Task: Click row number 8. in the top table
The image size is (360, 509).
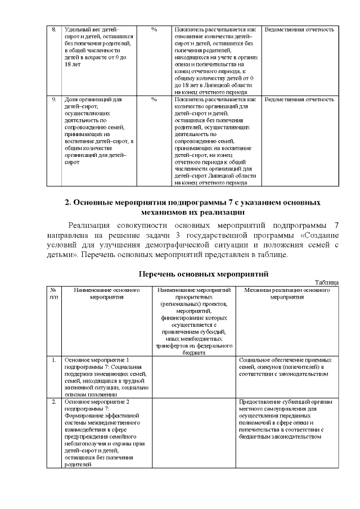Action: pos(54,28)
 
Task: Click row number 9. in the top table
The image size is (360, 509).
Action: pos(54,99)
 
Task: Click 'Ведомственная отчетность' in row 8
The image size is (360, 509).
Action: pos(299,28)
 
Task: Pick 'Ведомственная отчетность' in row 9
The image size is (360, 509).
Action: pos(299,99)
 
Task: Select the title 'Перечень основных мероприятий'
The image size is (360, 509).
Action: pos(204,273)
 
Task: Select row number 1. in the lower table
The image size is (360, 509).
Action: pos(54,359)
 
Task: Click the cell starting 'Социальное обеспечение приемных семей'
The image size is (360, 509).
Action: pos(286,366)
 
